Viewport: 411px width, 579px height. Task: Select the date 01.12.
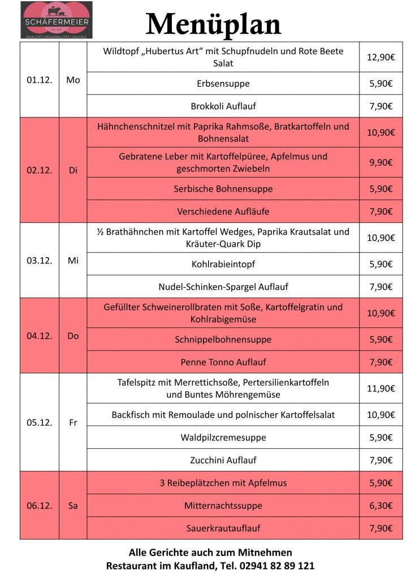click(x=40, y=80)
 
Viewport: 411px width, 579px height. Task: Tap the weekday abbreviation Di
click(x=73, y=170)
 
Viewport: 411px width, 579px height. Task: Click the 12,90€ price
click(x=380, y=57)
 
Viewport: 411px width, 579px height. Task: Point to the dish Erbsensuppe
click(x=223, y=84)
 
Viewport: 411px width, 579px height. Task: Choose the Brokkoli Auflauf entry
click(x=223, y=106)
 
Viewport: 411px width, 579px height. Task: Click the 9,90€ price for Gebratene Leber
click(x=380, y=162)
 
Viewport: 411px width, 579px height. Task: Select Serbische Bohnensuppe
click(x=223, y=189)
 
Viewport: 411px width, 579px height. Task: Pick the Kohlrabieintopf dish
click(x=223, y=264)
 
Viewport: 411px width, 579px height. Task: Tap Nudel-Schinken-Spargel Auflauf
click(x=223, y=287)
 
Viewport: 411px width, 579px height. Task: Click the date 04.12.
click(x=40, y=336)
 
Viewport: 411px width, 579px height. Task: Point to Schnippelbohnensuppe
click(x=223, y=339)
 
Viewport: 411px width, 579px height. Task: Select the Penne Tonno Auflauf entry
click(x=223, y=362)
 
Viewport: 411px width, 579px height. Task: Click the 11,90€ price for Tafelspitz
click(x=380, y=388)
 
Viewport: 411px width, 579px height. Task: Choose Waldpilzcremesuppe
click(x=223, y=438)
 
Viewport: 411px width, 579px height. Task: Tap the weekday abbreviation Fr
click(x=73, y=422)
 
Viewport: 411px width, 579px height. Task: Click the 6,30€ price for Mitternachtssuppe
click(x=380, y=505)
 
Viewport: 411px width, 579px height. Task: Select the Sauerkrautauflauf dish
click(x=223, y=528)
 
